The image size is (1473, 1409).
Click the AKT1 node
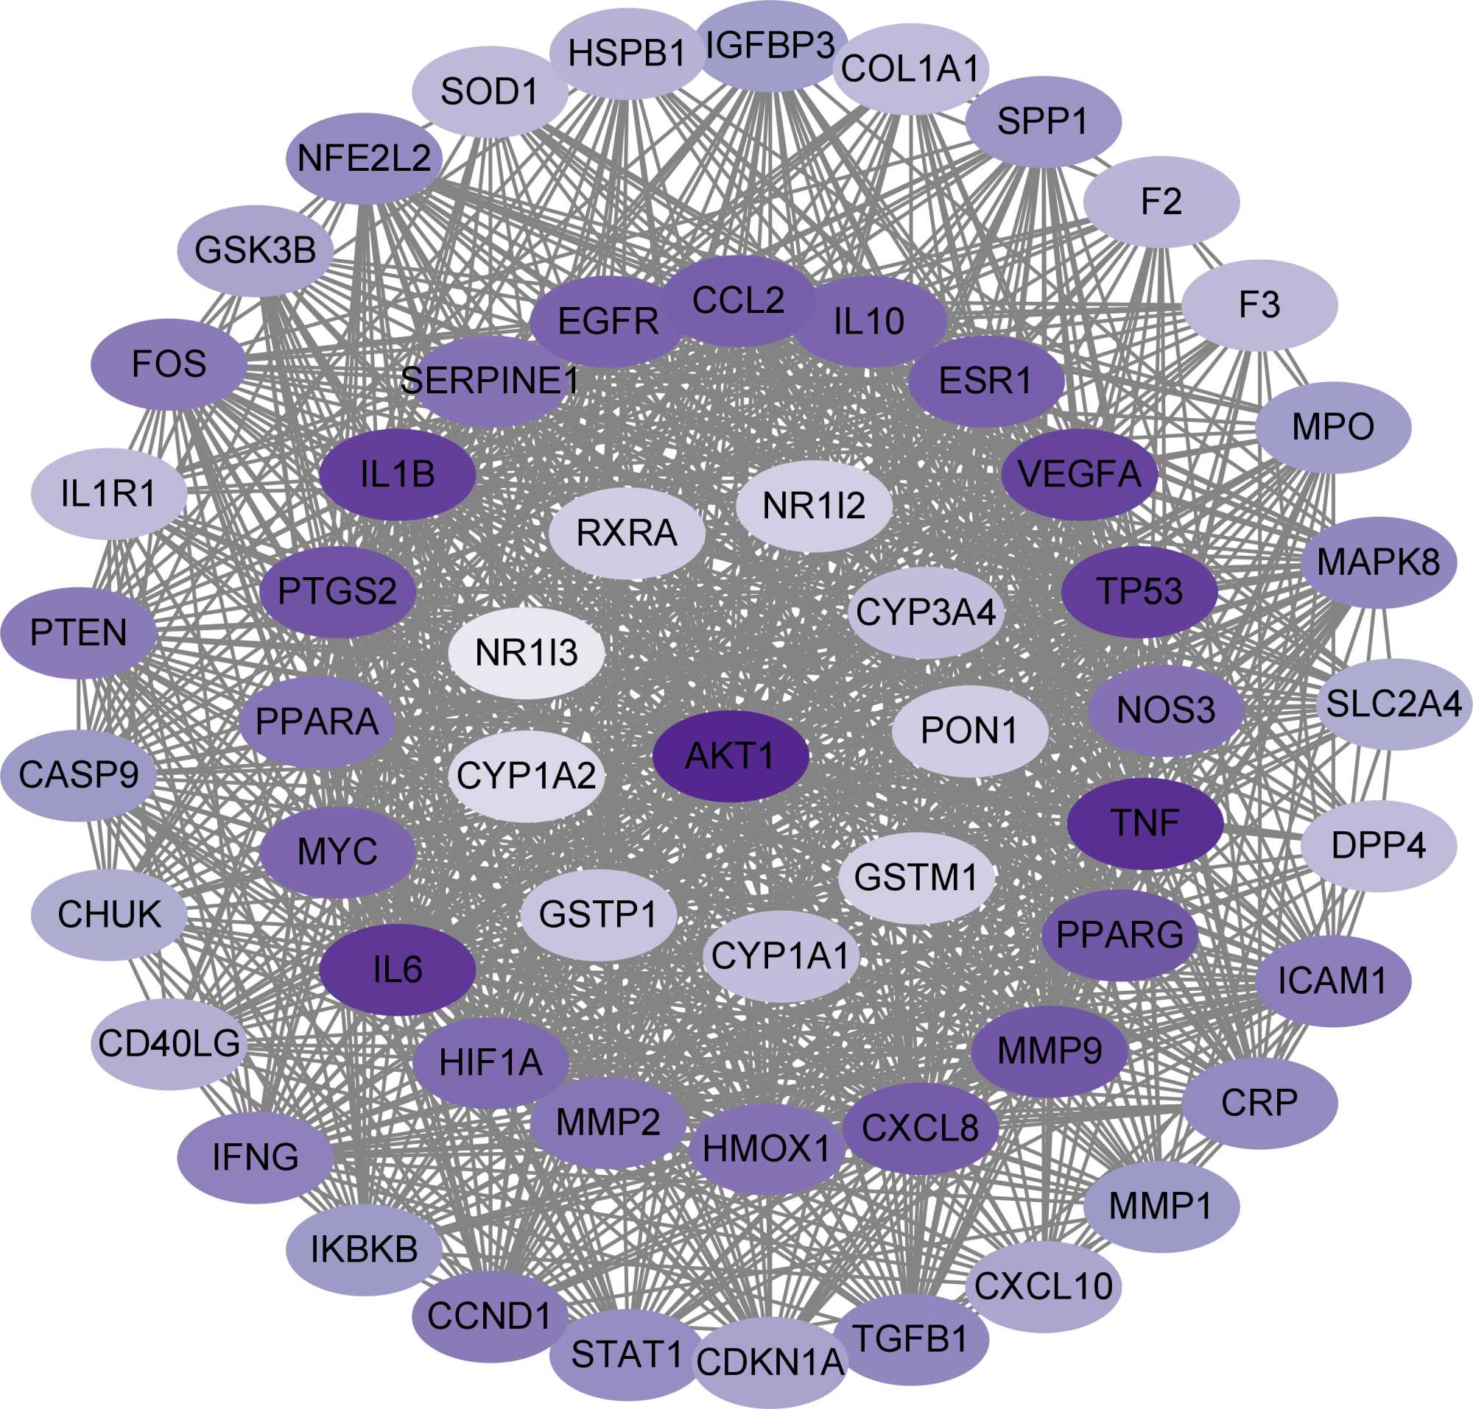tap(730, 755)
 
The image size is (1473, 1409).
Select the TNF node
tap(1145, 823)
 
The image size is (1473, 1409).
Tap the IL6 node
tap(398, 970)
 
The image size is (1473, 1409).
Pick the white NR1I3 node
tap(526, 653)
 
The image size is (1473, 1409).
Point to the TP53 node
tap(1139, 592)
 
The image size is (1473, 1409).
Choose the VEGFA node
tap(1079, 474)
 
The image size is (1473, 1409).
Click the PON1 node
tap(969, 730)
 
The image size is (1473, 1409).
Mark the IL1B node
tap(398, 475)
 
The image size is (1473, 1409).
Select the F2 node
tap(1161, 201)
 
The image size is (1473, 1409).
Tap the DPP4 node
tap(1378, 846)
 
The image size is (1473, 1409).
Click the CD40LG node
tap(169, 1043)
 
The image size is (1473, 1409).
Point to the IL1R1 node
tap(109, 493)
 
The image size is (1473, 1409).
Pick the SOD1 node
tap(490, 91)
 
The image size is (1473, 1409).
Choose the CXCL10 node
tap(1043, 1287)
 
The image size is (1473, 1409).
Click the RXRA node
tap(627, 532)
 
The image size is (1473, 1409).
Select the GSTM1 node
tap(916, 877)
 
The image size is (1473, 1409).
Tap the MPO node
tap(1332, 427)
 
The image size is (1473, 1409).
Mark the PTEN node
tap(79, 632)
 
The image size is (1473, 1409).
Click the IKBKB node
tap(364, 1250)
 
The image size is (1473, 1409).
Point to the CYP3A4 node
tap(926, 612)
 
